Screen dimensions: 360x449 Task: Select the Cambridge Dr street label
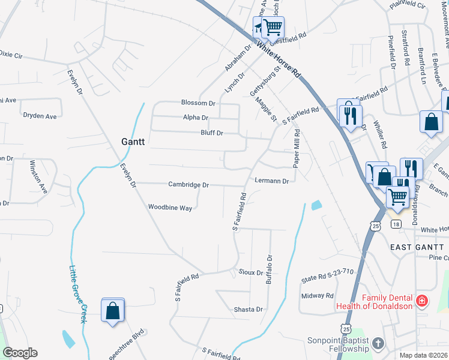[188, 185]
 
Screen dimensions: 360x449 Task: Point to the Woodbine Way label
[170, 208]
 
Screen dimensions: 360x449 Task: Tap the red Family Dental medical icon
[421, 299]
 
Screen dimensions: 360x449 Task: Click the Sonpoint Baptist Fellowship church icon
[378, 343]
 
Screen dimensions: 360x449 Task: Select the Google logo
[20, 353]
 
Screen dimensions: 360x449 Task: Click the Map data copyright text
[424, 355]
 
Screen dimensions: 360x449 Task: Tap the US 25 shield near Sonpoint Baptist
[345, 329]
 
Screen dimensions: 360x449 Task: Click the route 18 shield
[395, 224]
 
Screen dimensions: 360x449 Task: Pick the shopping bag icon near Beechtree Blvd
[112, 311]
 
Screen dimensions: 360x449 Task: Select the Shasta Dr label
[249, 310]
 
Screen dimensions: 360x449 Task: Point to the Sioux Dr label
[250, 272]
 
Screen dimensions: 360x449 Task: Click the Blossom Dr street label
[197, 103]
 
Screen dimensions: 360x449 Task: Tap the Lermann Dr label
[272, 181]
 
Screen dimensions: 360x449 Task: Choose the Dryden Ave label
[40, 116]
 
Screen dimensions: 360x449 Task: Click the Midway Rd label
[317, 296]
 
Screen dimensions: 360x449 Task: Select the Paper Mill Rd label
[296, 150]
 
